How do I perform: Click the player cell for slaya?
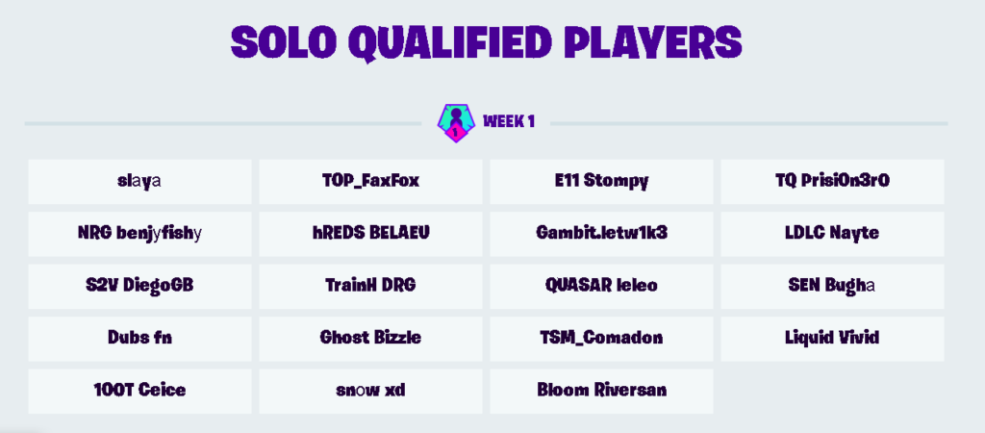[x=139, y=182]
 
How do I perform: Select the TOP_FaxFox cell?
[x=370, y=182]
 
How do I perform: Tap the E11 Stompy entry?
[x=602, y=182]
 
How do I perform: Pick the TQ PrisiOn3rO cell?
[x=832, y=182]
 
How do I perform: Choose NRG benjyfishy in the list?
[x=139, y=234]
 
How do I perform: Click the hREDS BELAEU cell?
[x=370, y=234]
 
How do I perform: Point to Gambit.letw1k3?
[x=602, y=234]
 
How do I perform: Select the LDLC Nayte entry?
[x=832, y=234]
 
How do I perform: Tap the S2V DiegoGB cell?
[x=139, y=286]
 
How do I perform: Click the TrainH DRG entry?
[x=370, y=286]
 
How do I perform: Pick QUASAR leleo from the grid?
[x=602, y=286]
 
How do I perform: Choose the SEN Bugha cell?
[x=832, y=286]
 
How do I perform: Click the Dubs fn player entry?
[x=139, y=339]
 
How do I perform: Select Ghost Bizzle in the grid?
[x=370, y=339]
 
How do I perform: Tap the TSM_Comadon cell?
[x=602, y=339]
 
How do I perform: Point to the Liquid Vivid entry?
[x=832, y=339]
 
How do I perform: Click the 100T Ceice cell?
[x=139, y=391]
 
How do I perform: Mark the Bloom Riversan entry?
[x=602, y=391]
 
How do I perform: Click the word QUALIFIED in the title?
[x=450, y=42]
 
